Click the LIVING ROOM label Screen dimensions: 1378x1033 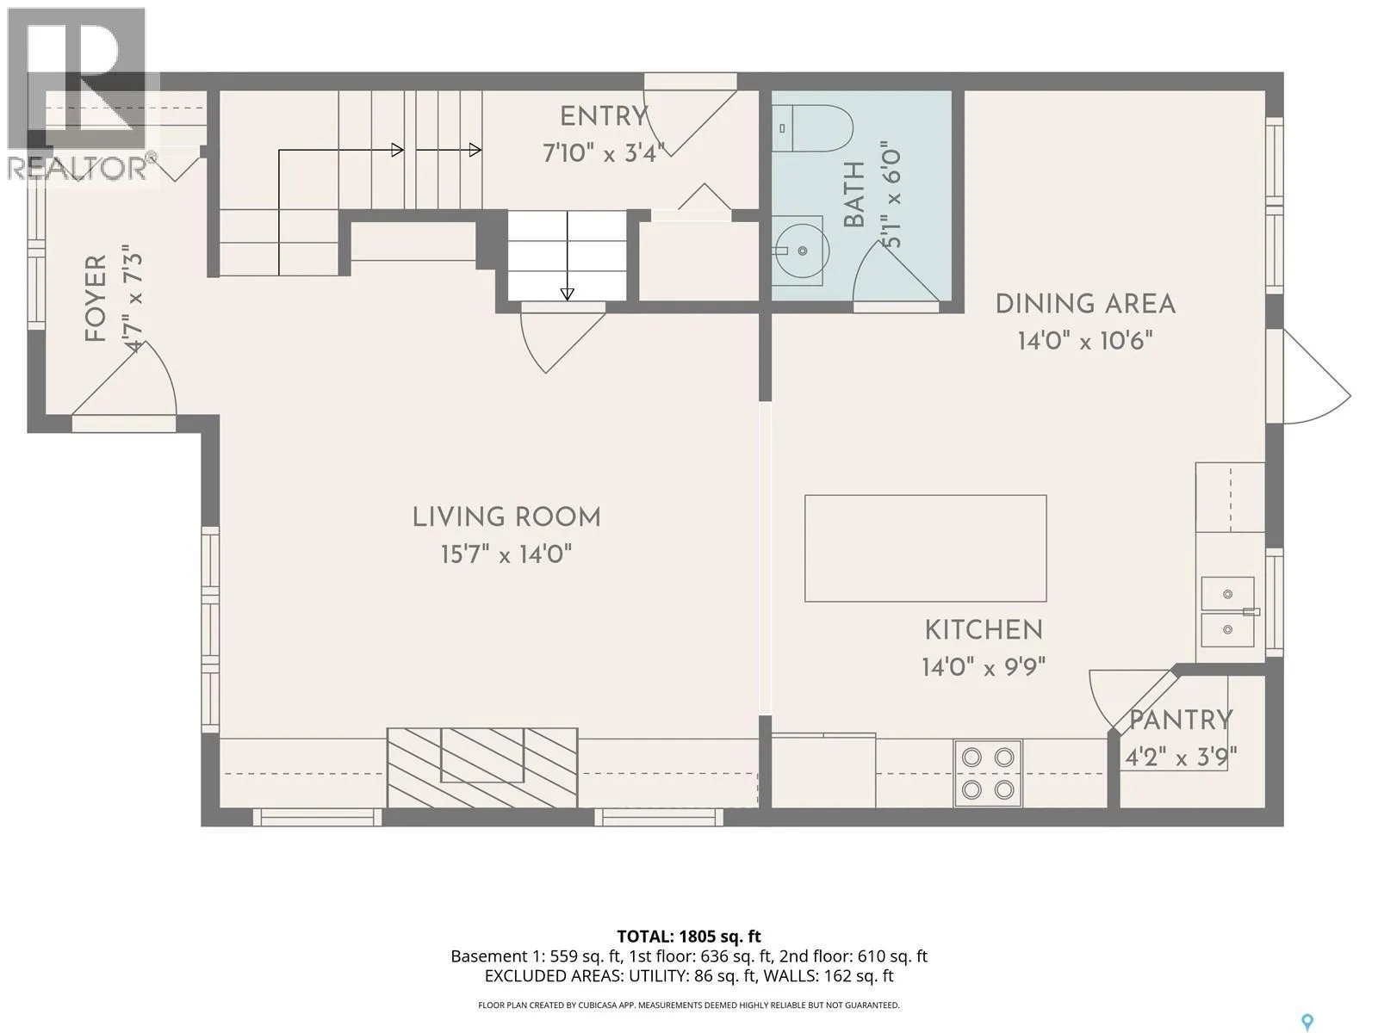[x=506, y=517]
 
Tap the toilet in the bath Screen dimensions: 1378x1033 [x=812, y=128]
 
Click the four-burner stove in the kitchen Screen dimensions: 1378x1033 [x=988, y=773]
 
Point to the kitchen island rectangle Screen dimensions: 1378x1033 [x=925, y=548]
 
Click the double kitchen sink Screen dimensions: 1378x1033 [x=1227, y=612]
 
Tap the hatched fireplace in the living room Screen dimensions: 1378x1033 [x=482, y=768]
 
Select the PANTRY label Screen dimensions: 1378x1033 [x=1181, y=720]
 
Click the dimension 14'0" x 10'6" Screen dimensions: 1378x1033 [x=1085, y=341]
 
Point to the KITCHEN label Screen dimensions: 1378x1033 [x=984, y=630]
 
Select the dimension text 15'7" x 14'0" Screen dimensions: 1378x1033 [x=506, y=554]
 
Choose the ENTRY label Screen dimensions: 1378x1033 [x=604, y=117]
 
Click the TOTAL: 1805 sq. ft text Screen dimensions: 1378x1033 [x=689, y=937]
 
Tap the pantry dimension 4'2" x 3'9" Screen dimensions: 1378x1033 [x=1181, y=758]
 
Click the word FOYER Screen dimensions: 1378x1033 [x=96, y=299]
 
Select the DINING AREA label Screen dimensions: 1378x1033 [x=1085, y=304]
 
